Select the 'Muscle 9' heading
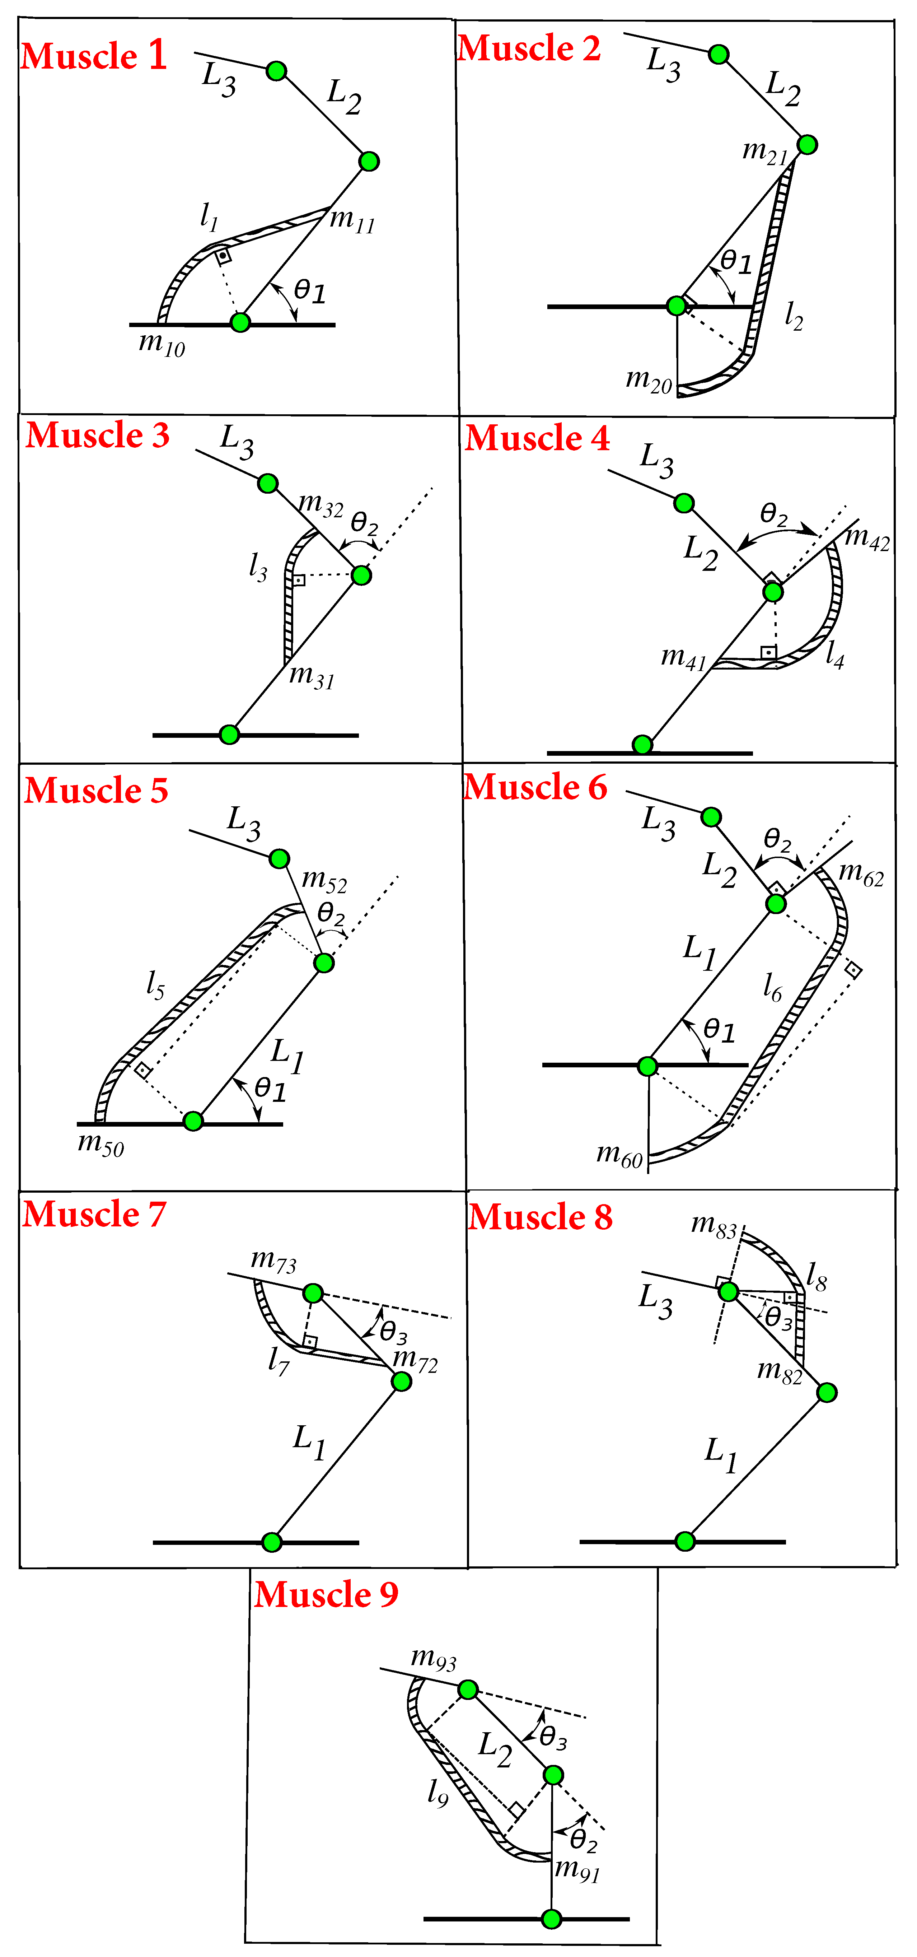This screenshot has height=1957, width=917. coord(326,1595)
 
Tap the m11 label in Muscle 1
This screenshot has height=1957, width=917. coord(352,220)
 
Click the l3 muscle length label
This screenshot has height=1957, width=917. coord(258,566)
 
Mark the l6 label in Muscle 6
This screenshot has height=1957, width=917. coord(772,987)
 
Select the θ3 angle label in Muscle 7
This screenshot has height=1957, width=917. coord(393,1333)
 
